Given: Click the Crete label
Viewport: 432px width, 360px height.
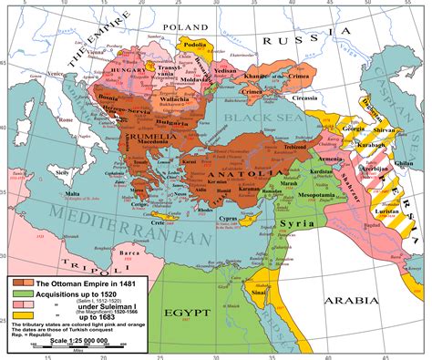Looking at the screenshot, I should pos(161,221).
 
